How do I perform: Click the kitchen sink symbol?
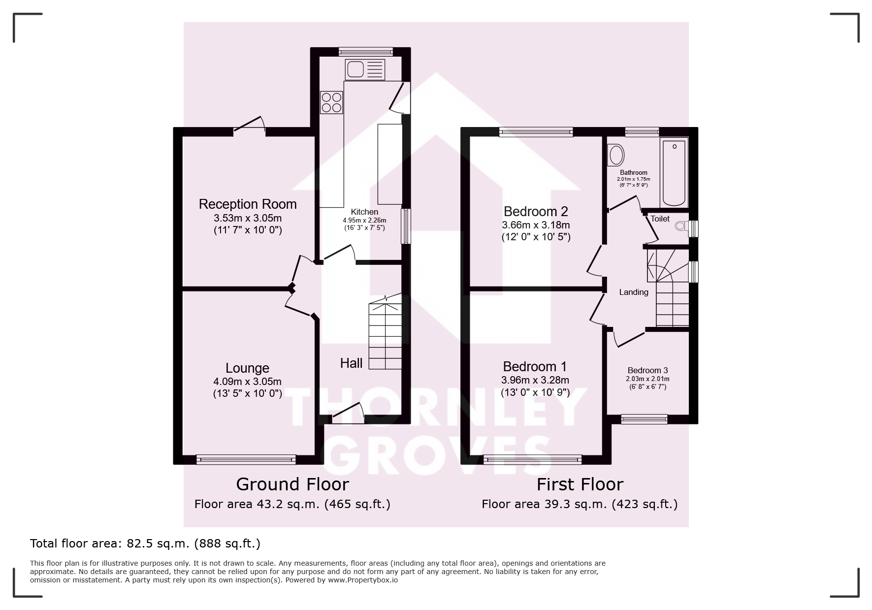coord(365,69)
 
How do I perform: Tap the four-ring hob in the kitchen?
coord(331,102)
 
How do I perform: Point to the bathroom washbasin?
coord(616,154)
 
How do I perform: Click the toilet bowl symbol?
coord(682,226)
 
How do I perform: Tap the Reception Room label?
coord(248,204)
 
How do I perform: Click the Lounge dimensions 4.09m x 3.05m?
coord(247,381)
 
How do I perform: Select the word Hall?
coord(351,363)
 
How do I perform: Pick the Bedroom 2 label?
coord(536,212)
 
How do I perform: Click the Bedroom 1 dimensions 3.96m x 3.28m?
coord(535,380)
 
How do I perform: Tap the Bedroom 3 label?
coord(647,371)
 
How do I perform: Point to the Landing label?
coord(634,292)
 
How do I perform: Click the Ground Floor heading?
coord(292,484)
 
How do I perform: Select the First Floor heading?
coord(580,484)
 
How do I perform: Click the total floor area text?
coord(145,544)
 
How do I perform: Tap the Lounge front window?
coord(246,460)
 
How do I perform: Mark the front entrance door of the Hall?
coord(348,414)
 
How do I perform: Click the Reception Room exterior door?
coord(250,125)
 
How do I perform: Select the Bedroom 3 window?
coord(644,419)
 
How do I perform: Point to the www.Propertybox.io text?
coord(363,580)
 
